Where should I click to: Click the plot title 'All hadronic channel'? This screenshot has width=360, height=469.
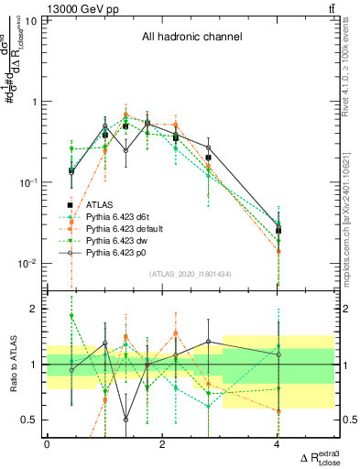pyautogui.click(x=191, y=38)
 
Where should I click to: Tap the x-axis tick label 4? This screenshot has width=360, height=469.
pyautogui.click(x=278, y=444)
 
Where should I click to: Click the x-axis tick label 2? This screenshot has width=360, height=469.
pyautogui.click(x=162, y=444)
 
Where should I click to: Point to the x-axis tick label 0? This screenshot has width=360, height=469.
pyautogui.click(x=47, y=444)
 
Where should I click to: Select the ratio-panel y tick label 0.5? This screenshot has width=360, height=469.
pyautogui.click(x=32, y=420)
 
